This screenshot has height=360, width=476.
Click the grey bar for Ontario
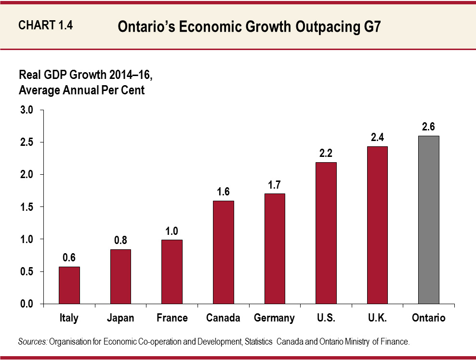pyautogui.click(x=429, y=220)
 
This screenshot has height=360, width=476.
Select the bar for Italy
pyautogui.click(x=69, y=285)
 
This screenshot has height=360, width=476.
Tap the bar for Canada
pyautogui.click(x=224, y=252)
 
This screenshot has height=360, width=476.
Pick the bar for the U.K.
pyautogui.click(x=377, y=225)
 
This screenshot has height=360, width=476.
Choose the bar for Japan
pyautogui.click(x=120, y=277)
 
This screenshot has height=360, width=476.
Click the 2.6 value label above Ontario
pyautogui.click(x=429, y=127)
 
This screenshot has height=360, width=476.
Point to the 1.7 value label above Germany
pyautogui.click(x=275, y=184)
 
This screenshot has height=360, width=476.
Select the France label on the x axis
pyautogui.click(x=172, y=318)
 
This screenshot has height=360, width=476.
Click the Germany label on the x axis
pyautogui.click(x=274, y=318)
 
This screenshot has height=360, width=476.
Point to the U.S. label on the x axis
pyautogui.click(x=326, y=318)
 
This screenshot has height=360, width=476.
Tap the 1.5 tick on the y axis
pyautogui.click(x=26, y=207)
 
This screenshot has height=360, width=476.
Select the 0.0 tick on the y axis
pyautogui.click(x=26, y=304)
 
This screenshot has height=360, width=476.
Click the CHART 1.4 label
pyautogui.click(x=45, y=26)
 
